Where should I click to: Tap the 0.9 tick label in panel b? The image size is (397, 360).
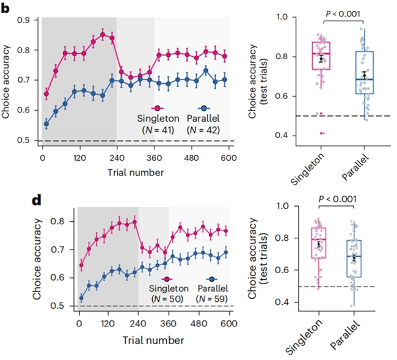(24, 20)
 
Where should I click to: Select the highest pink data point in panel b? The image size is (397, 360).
(103, 34)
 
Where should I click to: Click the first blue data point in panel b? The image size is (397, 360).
(46, 124)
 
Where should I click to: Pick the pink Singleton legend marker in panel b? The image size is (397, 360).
(158, 108)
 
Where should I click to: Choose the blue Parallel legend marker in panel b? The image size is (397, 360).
(204, 108)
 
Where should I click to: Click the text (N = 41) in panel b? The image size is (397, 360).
(158, 130)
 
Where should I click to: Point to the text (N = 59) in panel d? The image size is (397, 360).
(212, 299)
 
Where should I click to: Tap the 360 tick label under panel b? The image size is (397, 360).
(154, 158)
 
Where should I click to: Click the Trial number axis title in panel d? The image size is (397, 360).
(153, 340)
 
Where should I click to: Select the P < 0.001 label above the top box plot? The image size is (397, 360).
(343, 13)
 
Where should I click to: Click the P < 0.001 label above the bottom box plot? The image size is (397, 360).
(338, 199)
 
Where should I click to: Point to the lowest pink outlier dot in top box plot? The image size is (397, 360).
(321, 133)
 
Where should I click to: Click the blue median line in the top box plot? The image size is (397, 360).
(365, 79)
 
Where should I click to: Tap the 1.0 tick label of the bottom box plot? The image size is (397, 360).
(282, 206)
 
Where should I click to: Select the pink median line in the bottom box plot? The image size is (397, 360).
(318, 239)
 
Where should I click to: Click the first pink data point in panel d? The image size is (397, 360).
(81, 265)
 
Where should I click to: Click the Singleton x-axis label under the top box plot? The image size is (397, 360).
(307, 169)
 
